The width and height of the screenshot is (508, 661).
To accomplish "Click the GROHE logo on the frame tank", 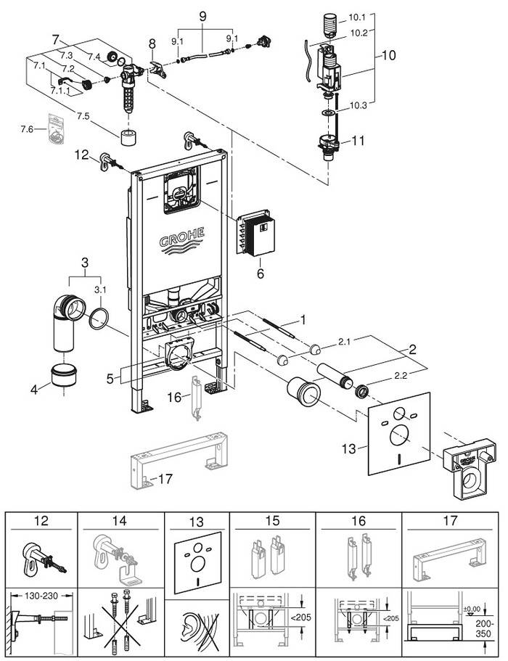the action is (x=182, y=241).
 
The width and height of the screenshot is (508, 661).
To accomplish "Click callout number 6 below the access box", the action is (x=261, y=274).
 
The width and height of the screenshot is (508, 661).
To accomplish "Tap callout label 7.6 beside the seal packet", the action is (x=27, y=129).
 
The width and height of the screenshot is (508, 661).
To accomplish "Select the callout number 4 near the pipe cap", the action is (x=34, y=389).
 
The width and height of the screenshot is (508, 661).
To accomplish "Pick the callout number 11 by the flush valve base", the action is (x=358, y=140).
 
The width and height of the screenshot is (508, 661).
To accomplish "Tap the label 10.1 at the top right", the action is (x=356, y=17).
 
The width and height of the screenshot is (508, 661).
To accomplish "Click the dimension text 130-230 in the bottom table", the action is (x=41, y=595).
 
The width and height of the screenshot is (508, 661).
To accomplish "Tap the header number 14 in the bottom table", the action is (x=119, y=521).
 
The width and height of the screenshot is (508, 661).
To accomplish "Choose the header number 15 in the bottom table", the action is (x=272, y=521).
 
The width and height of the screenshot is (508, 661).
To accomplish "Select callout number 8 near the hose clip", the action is (x=152, y=44).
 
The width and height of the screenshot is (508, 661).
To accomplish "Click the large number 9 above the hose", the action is (x=202, y=17).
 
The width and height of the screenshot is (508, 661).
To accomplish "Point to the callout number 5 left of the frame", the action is (x=110, y=379).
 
